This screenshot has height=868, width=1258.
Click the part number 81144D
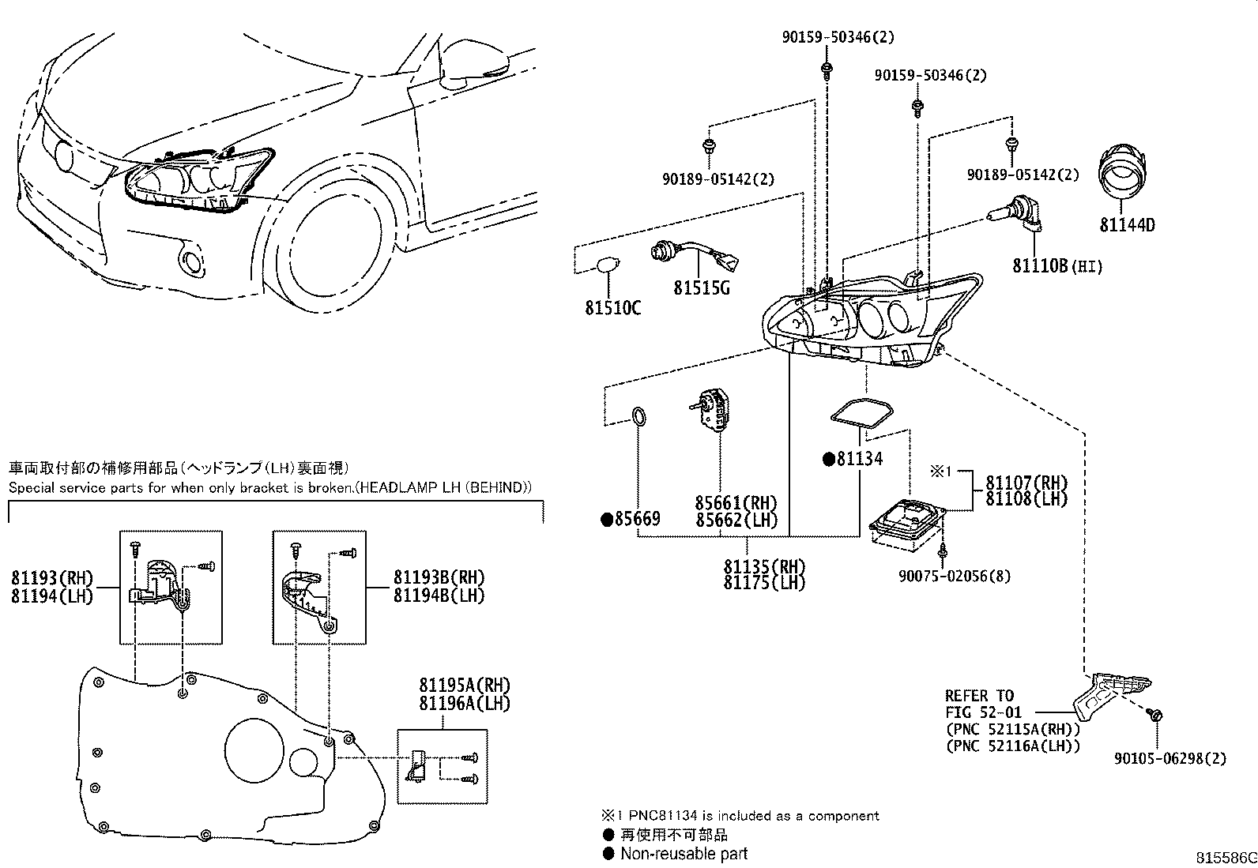[1127, 225]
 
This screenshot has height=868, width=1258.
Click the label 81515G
[701, 288]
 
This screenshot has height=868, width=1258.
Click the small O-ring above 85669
[638, 416]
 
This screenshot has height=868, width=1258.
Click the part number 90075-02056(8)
[955, 577]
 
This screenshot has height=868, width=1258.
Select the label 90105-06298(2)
[1170, 758]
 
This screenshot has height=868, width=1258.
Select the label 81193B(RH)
[439, 577]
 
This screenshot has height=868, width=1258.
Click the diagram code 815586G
[1224, 858]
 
